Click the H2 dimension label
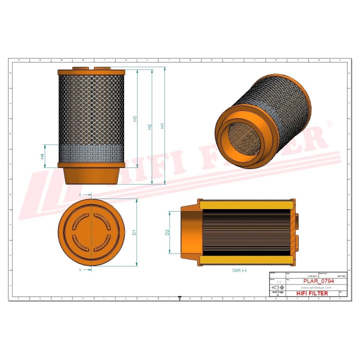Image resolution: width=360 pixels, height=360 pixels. [149, 127]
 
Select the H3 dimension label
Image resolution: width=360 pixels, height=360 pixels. [135, 119]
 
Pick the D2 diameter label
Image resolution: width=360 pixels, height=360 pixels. [167, 232]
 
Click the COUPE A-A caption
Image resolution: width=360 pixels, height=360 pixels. [239, 270]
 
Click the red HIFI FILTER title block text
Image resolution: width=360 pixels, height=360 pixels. [312, 293]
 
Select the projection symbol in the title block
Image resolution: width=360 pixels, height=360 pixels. [277, 287]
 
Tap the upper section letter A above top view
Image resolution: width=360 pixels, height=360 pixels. [80, 193]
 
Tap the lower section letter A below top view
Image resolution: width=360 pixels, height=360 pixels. [80, 269]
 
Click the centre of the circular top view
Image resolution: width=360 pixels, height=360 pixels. [90, 232]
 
